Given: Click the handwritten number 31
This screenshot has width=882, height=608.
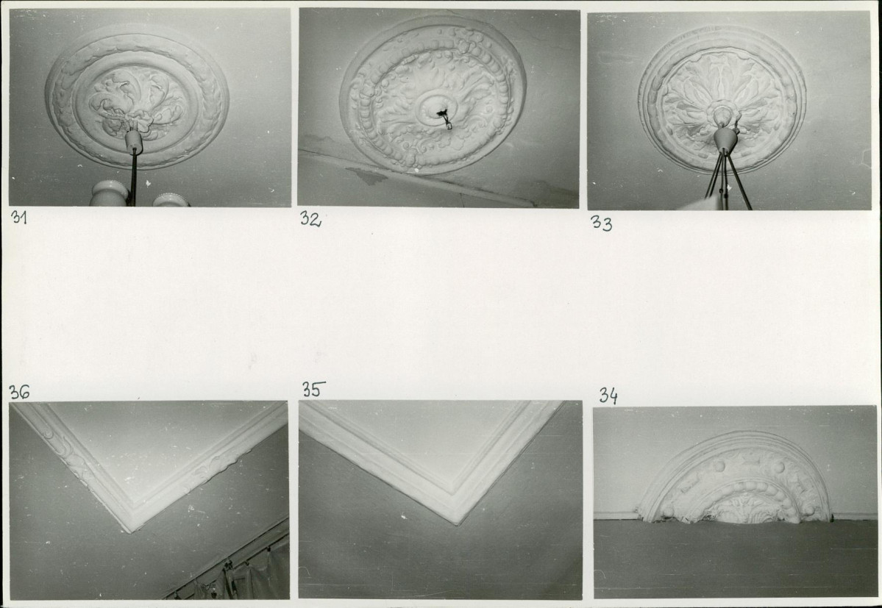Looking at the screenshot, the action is pos(18,217).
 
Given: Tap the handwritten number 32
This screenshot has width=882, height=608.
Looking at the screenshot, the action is pos(310,218).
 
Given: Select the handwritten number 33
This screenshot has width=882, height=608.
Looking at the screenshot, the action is pos(601,223).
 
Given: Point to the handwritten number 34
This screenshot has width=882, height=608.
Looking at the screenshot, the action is pos(608,396).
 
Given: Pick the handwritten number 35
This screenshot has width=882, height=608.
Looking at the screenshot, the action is pos(313,389).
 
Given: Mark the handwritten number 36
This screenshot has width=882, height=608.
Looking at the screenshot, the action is pos(19,392).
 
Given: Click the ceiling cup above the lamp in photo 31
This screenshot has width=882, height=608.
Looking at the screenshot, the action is pos(134,140).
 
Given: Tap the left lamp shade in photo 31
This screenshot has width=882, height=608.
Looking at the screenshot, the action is pos(110,193).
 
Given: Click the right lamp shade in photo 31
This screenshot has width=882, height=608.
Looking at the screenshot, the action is pos(169,200).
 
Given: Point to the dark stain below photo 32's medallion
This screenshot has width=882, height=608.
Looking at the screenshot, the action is pos(367,176).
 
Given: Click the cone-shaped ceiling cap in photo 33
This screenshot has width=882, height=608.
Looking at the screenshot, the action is pos(725,140).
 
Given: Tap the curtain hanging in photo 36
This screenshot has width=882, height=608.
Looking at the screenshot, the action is pos(247,576).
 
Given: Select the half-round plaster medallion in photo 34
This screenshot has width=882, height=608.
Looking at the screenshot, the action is pos(735,478).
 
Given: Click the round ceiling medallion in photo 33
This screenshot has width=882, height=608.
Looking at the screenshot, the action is pos(722,100).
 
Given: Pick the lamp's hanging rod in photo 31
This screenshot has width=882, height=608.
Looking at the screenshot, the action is pos(132,179).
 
